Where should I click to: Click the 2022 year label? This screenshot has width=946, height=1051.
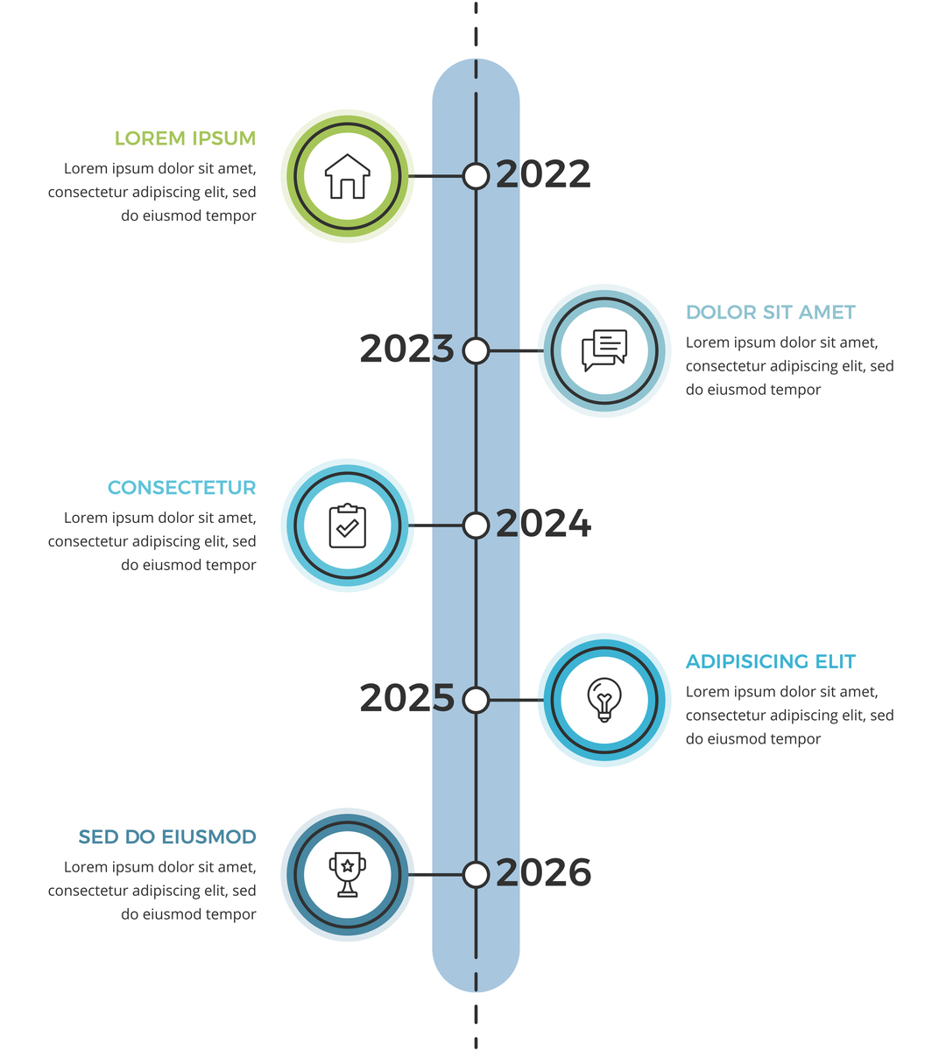543,174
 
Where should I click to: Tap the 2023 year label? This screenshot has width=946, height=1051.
406,349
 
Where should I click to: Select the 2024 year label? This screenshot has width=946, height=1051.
543,524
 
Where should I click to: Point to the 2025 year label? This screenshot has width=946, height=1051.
406,698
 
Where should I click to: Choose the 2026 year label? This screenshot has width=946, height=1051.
543,872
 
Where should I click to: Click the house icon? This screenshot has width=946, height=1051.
348,176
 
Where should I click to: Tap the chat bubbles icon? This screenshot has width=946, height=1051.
604,350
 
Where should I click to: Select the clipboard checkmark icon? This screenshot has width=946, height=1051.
348,525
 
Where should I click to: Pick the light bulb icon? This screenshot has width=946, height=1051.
604,700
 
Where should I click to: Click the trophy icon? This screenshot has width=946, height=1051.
348,874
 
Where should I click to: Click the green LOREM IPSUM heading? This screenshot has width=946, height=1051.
185,138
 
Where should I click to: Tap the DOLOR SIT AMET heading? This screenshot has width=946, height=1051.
770,313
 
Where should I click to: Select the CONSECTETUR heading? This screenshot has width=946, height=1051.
181,488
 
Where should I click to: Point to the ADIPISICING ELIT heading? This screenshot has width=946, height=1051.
770,662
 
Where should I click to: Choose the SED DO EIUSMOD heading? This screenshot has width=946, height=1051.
167,837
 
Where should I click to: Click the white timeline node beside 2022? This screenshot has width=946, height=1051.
476,176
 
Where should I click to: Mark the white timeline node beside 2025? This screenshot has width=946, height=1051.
476,700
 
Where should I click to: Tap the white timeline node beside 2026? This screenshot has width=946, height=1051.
476,874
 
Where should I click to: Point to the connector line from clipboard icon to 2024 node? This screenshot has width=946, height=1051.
435,525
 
